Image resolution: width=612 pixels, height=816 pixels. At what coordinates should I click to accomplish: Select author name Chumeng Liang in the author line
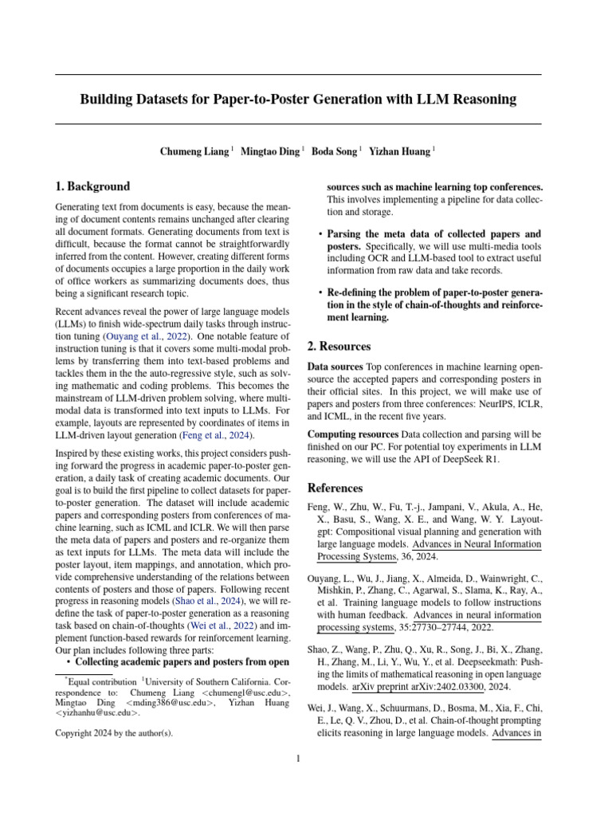pyautogui.click(x=194, y=151)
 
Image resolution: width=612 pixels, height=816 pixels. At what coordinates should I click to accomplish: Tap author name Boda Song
pyautogui.click(x=334, y=151)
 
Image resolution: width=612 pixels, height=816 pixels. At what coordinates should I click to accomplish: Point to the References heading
pyautogui.click(x=335, y=488)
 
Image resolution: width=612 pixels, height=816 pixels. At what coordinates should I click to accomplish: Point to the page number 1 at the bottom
pyautogui.click(x=298, y=758)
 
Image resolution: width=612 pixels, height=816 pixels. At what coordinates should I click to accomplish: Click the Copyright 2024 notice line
pyautogui.click(x=113, y=732)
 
